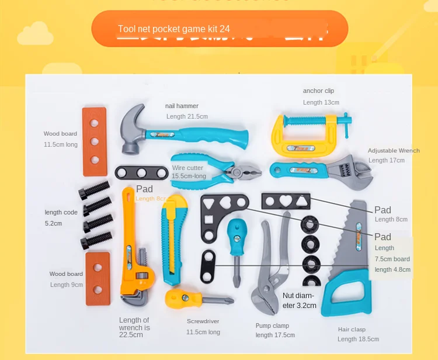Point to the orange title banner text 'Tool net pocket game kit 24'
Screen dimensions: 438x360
(173, 29)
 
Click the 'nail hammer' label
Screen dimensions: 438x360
(182, 106)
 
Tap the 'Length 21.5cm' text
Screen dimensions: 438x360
(187, 116)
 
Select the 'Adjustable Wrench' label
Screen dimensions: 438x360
(394, 150)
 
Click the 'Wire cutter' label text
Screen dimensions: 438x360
(187, 168)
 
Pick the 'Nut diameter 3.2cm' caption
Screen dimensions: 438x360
(299, 300)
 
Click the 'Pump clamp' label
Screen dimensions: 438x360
(272, 326)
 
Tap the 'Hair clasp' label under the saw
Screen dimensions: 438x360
(352, 330)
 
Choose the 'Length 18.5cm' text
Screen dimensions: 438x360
(358, 339)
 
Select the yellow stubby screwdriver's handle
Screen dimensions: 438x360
(176, 298)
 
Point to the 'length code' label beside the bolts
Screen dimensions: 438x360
(61, 212)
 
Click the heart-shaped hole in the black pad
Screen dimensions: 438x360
(285, 201)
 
